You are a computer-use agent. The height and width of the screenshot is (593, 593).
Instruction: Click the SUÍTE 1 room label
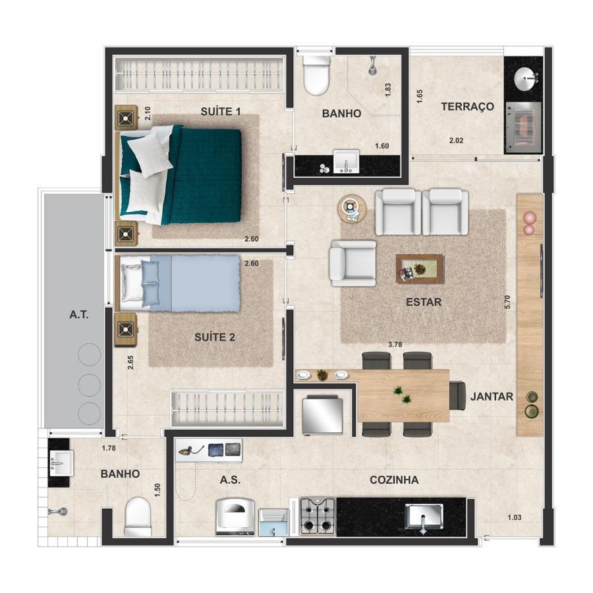point(221,111)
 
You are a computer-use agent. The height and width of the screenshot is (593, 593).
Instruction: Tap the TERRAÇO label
point(467,107)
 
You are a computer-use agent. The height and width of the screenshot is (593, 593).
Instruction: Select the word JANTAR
point(492,397)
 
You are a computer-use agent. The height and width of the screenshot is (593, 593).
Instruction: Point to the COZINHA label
point(394,480)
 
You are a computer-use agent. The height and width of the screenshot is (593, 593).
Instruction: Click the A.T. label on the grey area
point(78,314)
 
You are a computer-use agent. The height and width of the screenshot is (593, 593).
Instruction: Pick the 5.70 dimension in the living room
point(507,302)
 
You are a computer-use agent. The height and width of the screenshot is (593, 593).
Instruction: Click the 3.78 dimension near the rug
point(395,345)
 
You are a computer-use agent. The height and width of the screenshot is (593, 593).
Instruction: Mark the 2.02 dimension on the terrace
point(456,140)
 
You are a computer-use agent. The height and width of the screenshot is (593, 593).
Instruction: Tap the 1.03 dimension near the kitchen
point(515,517)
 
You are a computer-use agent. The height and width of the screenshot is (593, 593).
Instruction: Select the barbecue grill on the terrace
point(523,127)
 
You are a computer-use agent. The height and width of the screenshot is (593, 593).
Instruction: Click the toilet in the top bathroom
point(316,76)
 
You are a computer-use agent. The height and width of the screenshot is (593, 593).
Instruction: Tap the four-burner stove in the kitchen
point(318,517)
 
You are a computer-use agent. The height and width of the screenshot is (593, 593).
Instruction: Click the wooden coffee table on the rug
point(420,269)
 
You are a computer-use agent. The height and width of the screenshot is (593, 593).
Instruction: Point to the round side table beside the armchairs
point(352,209)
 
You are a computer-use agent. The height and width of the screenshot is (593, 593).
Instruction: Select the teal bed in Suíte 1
point(181,175)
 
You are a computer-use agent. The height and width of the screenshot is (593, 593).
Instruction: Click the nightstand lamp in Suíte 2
point(126,330)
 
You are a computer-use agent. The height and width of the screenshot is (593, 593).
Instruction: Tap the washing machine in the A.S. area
point(235,517)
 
